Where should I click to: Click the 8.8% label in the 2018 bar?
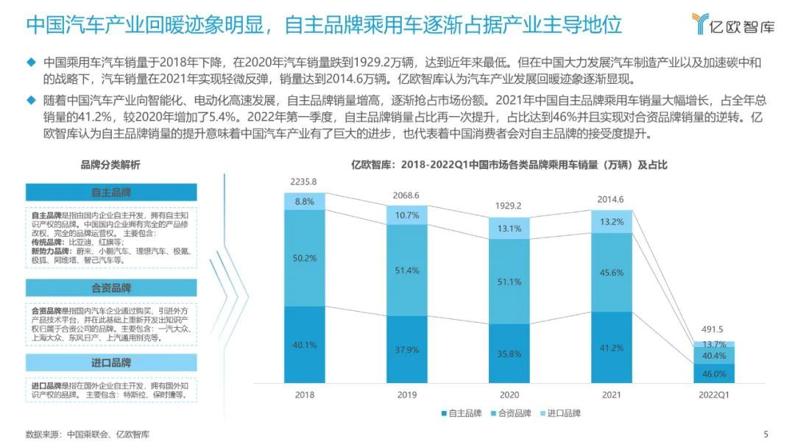(x=304, y=201)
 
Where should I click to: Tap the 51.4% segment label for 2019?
(x=406, y=271)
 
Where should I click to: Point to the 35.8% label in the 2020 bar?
(x=509, y=353)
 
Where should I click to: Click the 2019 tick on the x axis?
(x=406, y=394)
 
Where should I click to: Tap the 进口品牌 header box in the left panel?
(x=111, y=362)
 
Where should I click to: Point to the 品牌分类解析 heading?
(x=111, y=165)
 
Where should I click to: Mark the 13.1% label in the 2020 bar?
(x=509, y=229)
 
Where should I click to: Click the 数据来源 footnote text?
(x=87, y=434)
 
